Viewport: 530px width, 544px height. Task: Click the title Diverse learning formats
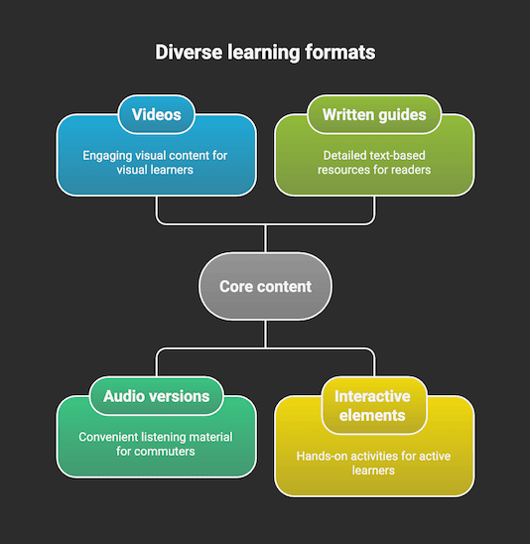(265, 53)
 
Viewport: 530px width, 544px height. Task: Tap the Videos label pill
(156, 114)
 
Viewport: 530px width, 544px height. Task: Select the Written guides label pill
(373, 114)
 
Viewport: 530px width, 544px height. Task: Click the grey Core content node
(265, 286)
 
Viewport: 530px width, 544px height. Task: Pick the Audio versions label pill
(156, 396)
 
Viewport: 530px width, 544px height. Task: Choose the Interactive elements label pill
(373, 405)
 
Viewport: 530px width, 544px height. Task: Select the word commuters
(165, 452)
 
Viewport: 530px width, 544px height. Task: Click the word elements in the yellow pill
(373, 416)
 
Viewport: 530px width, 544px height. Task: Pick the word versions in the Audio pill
(179, 396)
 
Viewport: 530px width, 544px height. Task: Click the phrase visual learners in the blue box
(156, 170)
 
